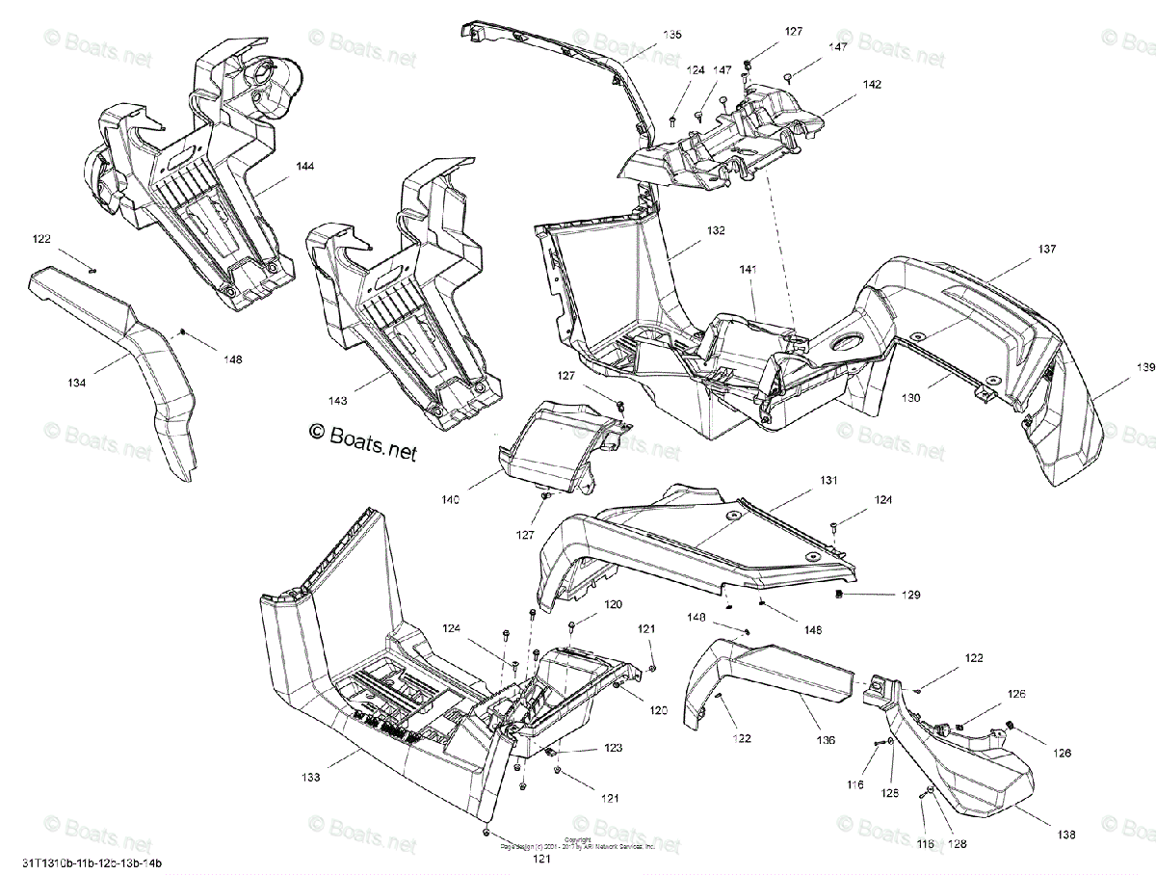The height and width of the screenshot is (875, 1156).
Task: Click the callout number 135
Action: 671,35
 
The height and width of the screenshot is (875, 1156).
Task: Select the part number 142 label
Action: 872,84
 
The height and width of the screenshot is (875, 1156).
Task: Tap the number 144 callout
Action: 304,167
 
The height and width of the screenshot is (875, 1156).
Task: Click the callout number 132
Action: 715,231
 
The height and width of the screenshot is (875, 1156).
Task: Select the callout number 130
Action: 910,397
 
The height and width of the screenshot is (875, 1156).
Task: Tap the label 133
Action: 310,777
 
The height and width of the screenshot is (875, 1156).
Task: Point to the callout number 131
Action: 829,480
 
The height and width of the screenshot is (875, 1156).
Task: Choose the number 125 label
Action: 890,793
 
